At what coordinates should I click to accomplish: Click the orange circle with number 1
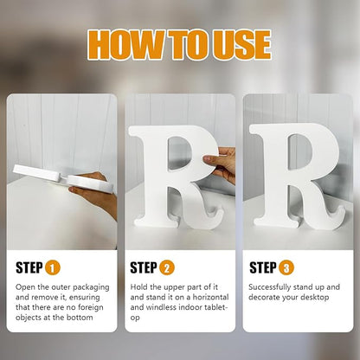(x=53, y=267)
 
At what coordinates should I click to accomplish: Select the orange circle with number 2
(x=167, y=267)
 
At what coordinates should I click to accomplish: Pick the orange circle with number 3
(x=286, y=267)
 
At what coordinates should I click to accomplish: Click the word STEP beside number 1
(x=29, y=267)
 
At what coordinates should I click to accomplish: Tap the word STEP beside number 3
(x=263, y=267)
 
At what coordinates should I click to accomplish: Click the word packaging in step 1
(x=91, y=288)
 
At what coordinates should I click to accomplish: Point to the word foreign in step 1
(x=91, y=307)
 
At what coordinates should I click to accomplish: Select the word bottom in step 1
(x=80, y=318)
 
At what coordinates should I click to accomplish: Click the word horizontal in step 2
(x=210, y=297)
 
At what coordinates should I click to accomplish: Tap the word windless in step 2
(x=161, y=307)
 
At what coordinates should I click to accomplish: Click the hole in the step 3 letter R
(x=300, y=151)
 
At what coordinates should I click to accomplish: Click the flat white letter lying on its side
(x=62, y=177)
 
